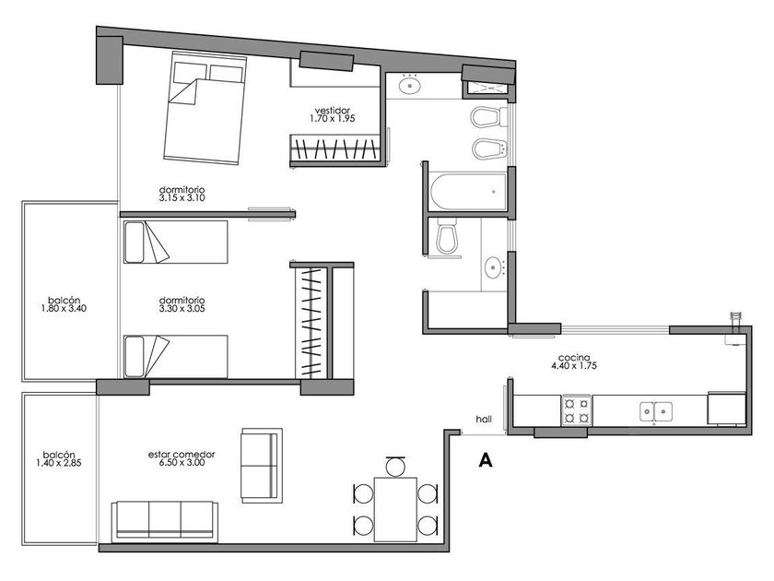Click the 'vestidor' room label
(x=333, y=110)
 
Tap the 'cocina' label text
(x=573, y=358)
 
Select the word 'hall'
(x=484, y=420)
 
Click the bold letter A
(x=486, y=460)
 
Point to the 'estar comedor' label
(x=182, y=455)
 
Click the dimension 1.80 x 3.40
(x=64, y=309)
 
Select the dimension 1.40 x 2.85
(x=59, y=463)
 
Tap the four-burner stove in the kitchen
(x=577, y=410)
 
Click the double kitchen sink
(x=656, y=410)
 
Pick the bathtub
(x=468, y=192)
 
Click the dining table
(x=395, y=509)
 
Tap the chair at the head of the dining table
(x=395, y=466)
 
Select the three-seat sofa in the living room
(x=165, y=520)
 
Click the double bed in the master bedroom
(x=205, y=107)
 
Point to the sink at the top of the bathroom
(x=409, y=86)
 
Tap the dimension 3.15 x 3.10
(x=182, y=198)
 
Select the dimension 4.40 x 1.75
(x=573, y=366)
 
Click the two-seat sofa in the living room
(x=262, y=466)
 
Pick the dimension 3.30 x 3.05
(x=182, y=309)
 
